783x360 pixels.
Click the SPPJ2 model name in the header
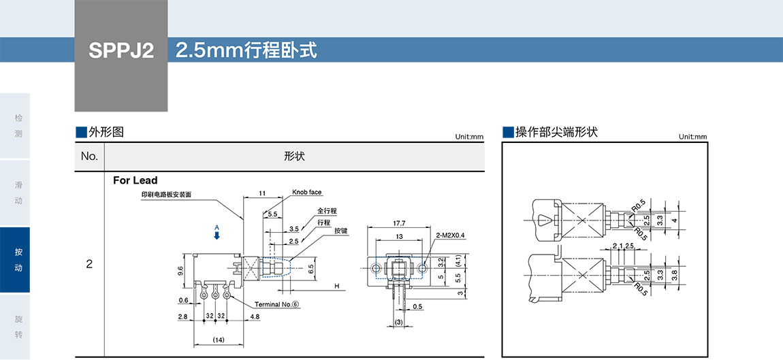(121, 51)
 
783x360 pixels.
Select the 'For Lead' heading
(135, 180)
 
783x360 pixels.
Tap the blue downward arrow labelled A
(217, 235)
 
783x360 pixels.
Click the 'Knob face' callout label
(306, 193)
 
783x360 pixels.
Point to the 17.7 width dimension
(399, 223)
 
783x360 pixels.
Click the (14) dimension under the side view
(219, 339)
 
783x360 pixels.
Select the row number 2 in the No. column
(89, 264)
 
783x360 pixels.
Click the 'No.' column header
(89, 157)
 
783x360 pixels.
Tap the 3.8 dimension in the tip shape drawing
(674, 276)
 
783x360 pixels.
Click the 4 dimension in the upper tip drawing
(674, 220)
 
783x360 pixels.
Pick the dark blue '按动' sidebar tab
(18, 260)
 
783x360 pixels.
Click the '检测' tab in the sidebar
(18, 126)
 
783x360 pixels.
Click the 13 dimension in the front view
(399, 236)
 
